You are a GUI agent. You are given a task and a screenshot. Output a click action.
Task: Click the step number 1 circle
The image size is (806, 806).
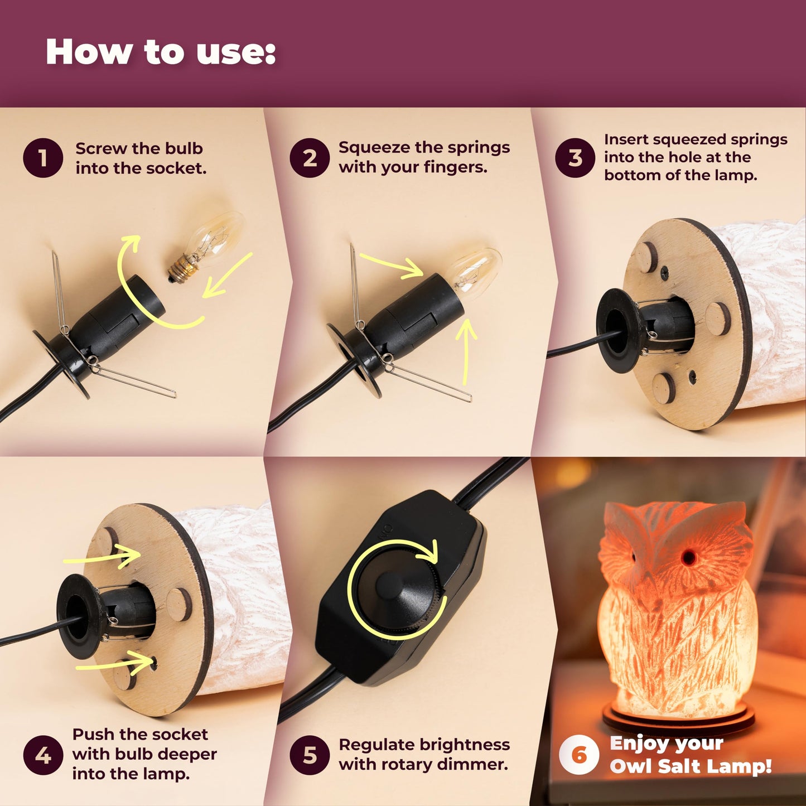tap(43, 158)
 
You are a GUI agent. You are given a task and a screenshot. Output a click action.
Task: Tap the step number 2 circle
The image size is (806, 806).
tap(310, 158)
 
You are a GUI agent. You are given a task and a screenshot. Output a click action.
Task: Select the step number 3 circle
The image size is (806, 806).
tap(575, 158)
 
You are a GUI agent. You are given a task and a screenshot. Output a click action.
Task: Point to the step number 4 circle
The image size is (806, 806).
tap(43, 755)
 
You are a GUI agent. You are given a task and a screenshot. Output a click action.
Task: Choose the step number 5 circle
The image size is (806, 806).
tap(310, 755)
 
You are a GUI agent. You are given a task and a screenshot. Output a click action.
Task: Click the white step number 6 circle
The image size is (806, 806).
tap(579, 755)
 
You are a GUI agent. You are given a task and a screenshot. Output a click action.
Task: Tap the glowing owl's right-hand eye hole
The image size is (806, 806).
tap(687, 556)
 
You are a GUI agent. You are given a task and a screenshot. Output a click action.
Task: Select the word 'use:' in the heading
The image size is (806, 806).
tap(236, 52)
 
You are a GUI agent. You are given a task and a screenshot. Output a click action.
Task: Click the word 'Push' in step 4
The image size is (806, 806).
tap(93, 735)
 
